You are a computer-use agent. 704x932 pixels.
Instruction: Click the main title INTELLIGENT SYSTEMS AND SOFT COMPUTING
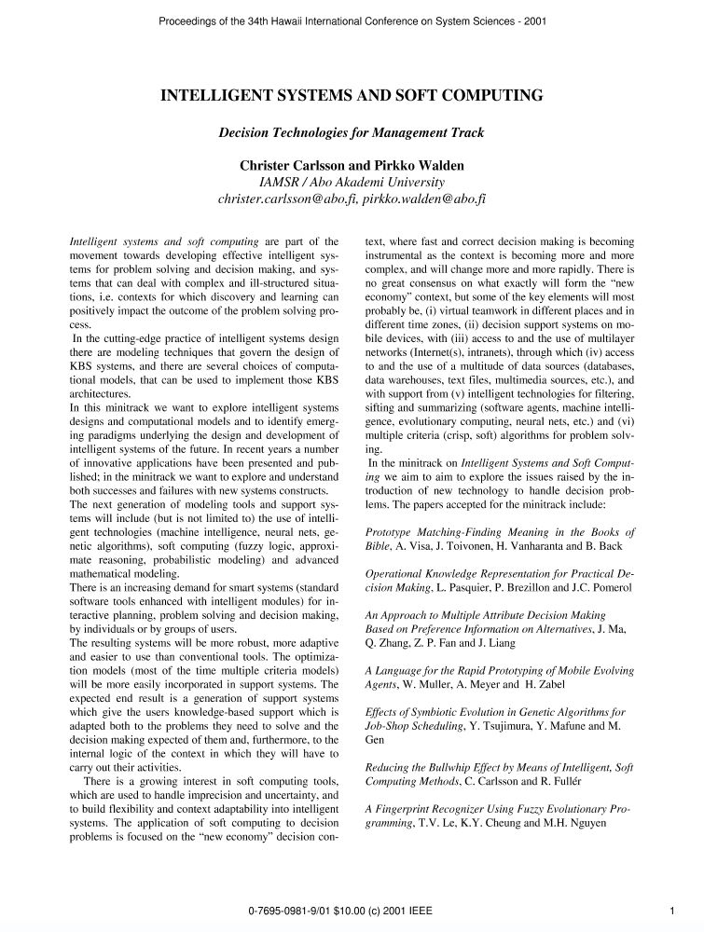click(x=352, y=96)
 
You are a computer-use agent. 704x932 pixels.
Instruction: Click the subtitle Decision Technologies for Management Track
click(x=352, y=133)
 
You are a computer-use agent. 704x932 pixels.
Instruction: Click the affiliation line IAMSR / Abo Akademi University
click(x=352, y=182)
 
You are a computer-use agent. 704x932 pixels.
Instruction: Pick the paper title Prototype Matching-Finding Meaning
click(x=476, y=531)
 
